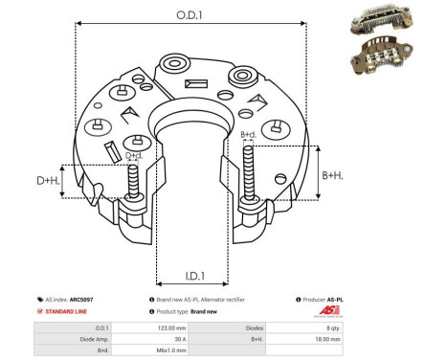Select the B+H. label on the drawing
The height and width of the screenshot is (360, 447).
(331, 174)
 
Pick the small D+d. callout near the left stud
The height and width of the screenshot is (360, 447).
(134, 154)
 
